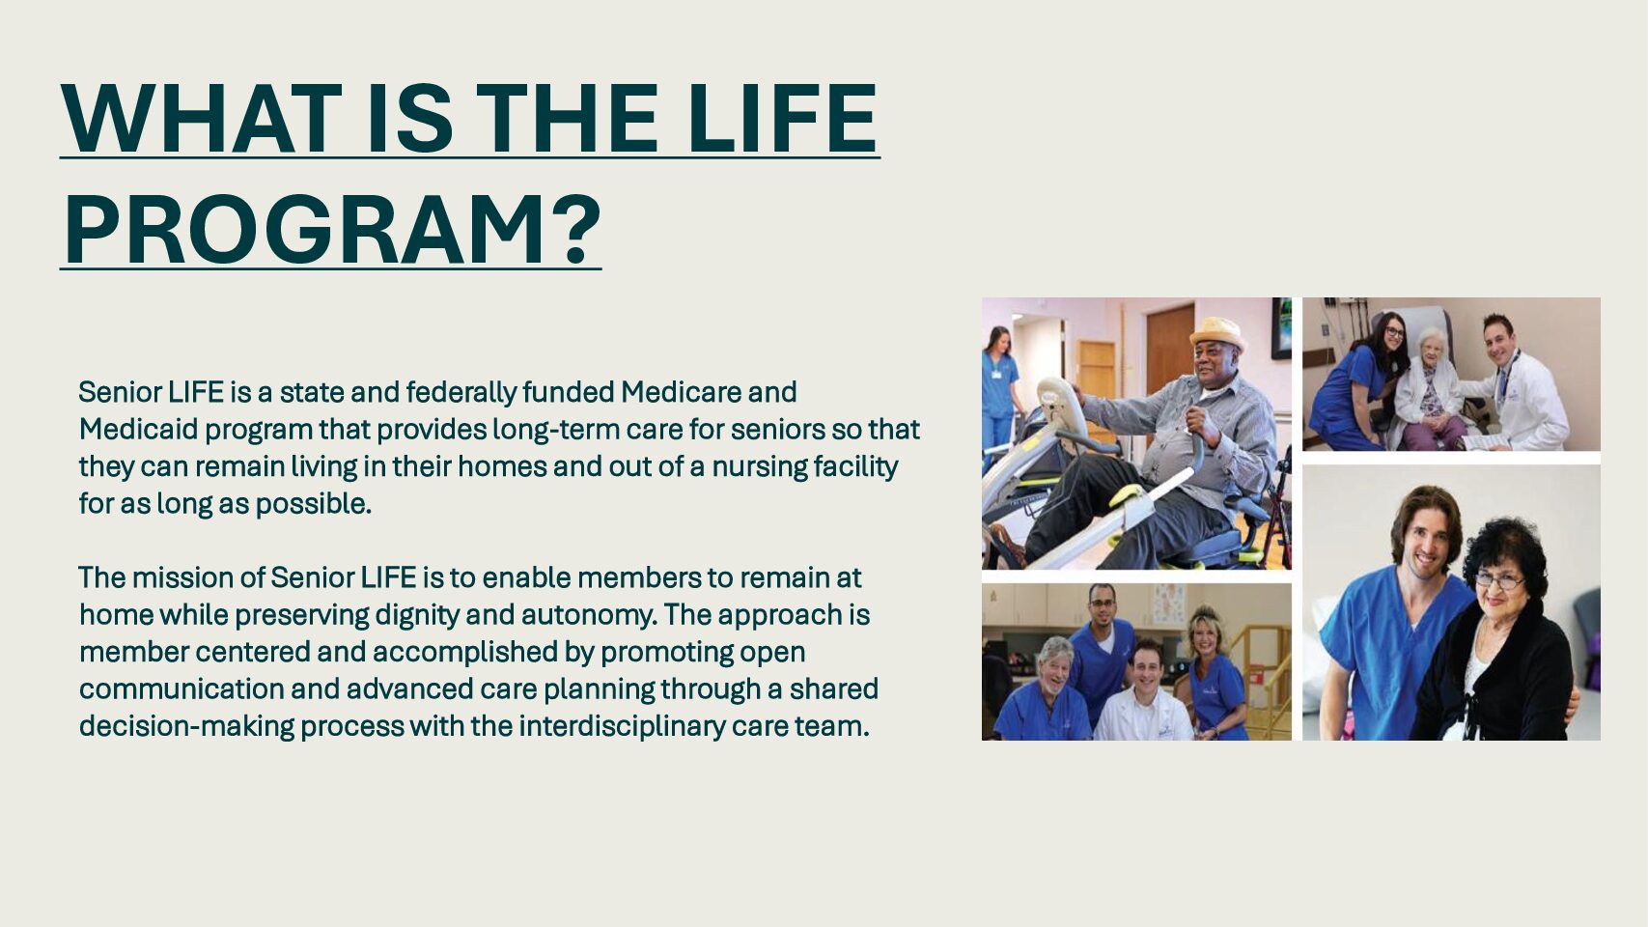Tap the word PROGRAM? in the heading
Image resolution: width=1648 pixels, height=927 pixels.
[x=332, y=230]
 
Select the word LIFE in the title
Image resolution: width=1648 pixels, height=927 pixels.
[x=783, y=119]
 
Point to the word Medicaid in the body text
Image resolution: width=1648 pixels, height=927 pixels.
[x=138, y=429]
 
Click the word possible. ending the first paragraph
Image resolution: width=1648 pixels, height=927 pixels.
[x=313, y=505]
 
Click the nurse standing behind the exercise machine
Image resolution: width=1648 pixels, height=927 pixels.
[x=999, y=390]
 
